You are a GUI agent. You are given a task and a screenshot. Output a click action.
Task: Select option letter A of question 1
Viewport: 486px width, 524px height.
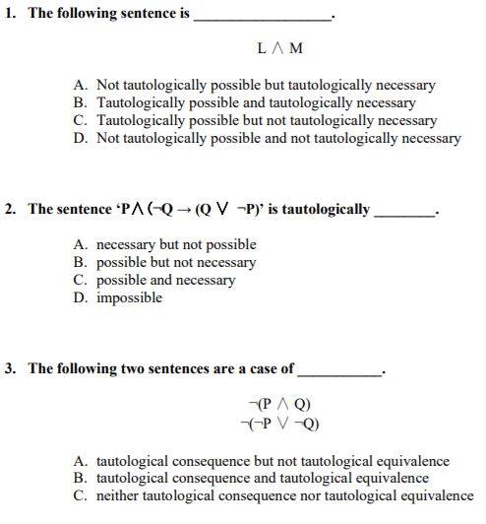click(80, 86)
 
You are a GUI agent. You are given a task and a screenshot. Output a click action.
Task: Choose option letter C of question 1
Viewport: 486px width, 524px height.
click(80, 121)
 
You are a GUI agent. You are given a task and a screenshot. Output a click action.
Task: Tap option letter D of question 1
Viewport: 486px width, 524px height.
click(80, 139)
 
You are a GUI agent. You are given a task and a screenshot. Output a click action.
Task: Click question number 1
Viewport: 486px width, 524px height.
click(11, 15)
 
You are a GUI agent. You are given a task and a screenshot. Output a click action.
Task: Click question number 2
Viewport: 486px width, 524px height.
click(11, 210)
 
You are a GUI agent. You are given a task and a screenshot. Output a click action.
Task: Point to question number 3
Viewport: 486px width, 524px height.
click(11, 369)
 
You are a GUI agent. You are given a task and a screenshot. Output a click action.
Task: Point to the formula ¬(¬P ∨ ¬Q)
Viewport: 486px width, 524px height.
click(281, 424)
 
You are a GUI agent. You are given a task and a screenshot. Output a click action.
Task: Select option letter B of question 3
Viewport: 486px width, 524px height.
click(80, 478)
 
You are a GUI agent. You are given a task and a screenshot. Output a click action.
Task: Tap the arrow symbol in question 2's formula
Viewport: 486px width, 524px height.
click(186, 210)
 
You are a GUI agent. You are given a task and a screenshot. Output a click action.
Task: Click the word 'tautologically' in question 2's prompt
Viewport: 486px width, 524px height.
click(326, 210)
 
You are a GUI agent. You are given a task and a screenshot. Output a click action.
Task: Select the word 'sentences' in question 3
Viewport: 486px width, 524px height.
click(178, 369)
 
